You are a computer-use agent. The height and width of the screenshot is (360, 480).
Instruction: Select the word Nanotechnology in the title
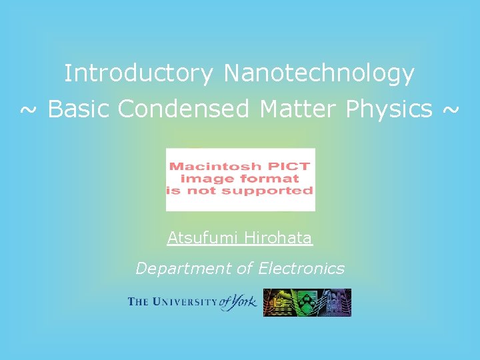(319, 73)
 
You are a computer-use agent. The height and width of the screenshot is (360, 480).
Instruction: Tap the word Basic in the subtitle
(79, 109)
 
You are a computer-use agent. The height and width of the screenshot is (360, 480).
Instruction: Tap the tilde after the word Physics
(450, 109)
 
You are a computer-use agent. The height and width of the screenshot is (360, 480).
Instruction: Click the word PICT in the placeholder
(290, 166)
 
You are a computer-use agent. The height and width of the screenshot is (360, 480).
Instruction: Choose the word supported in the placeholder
(274, 190)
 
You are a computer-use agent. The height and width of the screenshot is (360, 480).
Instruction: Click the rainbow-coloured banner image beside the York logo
(307, 303)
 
